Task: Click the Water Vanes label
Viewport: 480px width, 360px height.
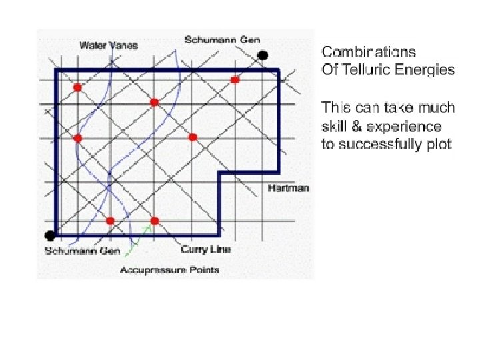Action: (109, 45)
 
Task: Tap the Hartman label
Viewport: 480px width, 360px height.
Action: (288, 188)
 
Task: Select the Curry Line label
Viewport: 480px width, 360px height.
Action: (206, 249)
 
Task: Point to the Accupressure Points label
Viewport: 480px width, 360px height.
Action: (169, 270)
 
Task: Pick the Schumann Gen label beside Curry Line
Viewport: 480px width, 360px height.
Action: (82, 251)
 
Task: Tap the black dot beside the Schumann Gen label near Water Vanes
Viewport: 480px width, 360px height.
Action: (263, 55)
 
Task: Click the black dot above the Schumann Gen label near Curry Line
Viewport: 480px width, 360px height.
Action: (49, 235)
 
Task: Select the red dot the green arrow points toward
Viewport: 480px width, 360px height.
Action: (155, 221)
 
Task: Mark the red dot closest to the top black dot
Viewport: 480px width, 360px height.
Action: (235, 80)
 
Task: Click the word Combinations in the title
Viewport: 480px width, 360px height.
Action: (368, 51)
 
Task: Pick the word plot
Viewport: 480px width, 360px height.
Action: (439, 145)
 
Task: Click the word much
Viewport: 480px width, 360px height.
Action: (438, 107)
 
